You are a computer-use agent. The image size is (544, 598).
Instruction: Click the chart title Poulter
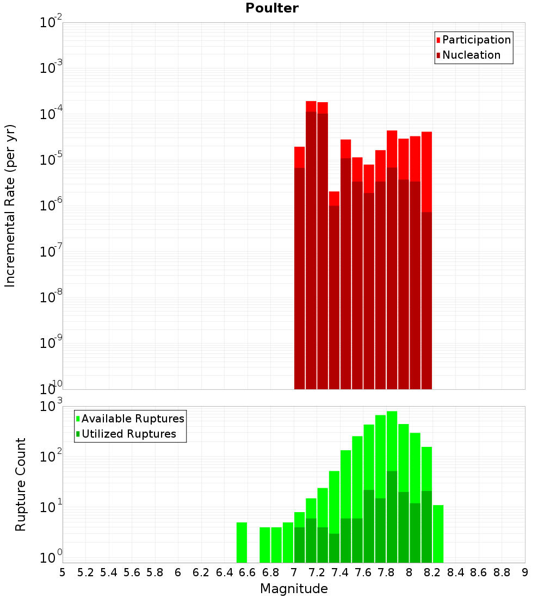click(272, 8)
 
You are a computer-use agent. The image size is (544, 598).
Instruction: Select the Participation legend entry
click(477, 40)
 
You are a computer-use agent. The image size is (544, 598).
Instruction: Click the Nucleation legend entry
click(471, 55)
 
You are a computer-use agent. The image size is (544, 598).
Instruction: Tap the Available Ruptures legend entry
click(133, 419)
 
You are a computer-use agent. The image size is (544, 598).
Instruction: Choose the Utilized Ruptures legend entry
click(128, 434)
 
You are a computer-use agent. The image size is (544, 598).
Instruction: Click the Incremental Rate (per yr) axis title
click(10, 205)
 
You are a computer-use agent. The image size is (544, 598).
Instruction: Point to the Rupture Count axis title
click(21, 484)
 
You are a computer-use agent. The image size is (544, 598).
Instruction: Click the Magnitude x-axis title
click(294, 589)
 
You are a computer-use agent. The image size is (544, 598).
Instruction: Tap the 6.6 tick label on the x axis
click(248, 572)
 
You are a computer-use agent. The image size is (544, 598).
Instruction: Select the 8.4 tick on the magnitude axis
click(456, 572)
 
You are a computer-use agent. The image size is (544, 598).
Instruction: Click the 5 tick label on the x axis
click(63, 572)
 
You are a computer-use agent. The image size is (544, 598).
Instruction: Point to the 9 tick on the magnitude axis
click(525, 572)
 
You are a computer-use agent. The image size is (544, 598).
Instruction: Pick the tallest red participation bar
click(311, 106)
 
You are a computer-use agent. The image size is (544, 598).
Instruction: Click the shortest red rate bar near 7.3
click(334, 198)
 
